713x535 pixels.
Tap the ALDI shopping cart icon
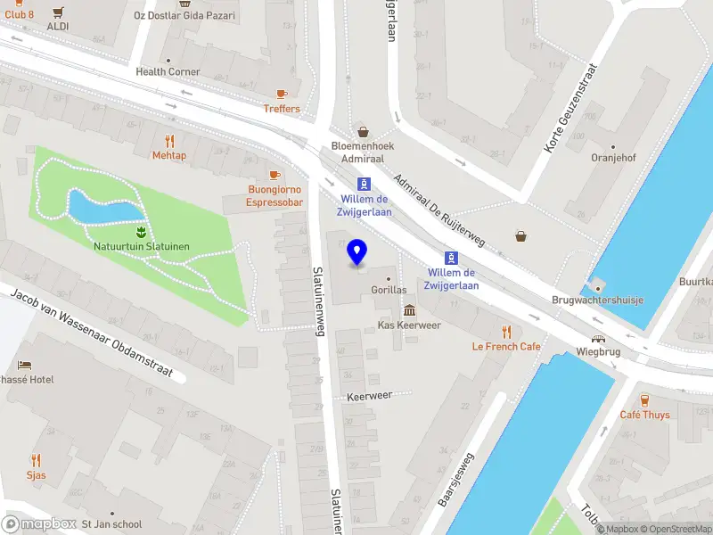tap(58, 12)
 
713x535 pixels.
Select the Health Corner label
tap(168, 71)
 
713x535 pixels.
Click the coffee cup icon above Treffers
tap(282, 94)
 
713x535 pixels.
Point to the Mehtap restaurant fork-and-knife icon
tap(169, 140)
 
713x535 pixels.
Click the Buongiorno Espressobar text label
tap(275, 196)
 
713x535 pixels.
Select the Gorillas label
tap(389, 290)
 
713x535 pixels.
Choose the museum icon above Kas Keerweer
tap(409, 310)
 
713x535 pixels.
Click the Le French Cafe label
tap(506, 346)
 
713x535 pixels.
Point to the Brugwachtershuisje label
tap(597, 300)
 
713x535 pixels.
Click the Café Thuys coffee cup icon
tap(644, 399)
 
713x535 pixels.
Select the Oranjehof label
tap(613, 158)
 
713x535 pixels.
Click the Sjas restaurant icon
tap(37, 460)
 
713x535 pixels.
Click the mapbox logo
tap(39, 523)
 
